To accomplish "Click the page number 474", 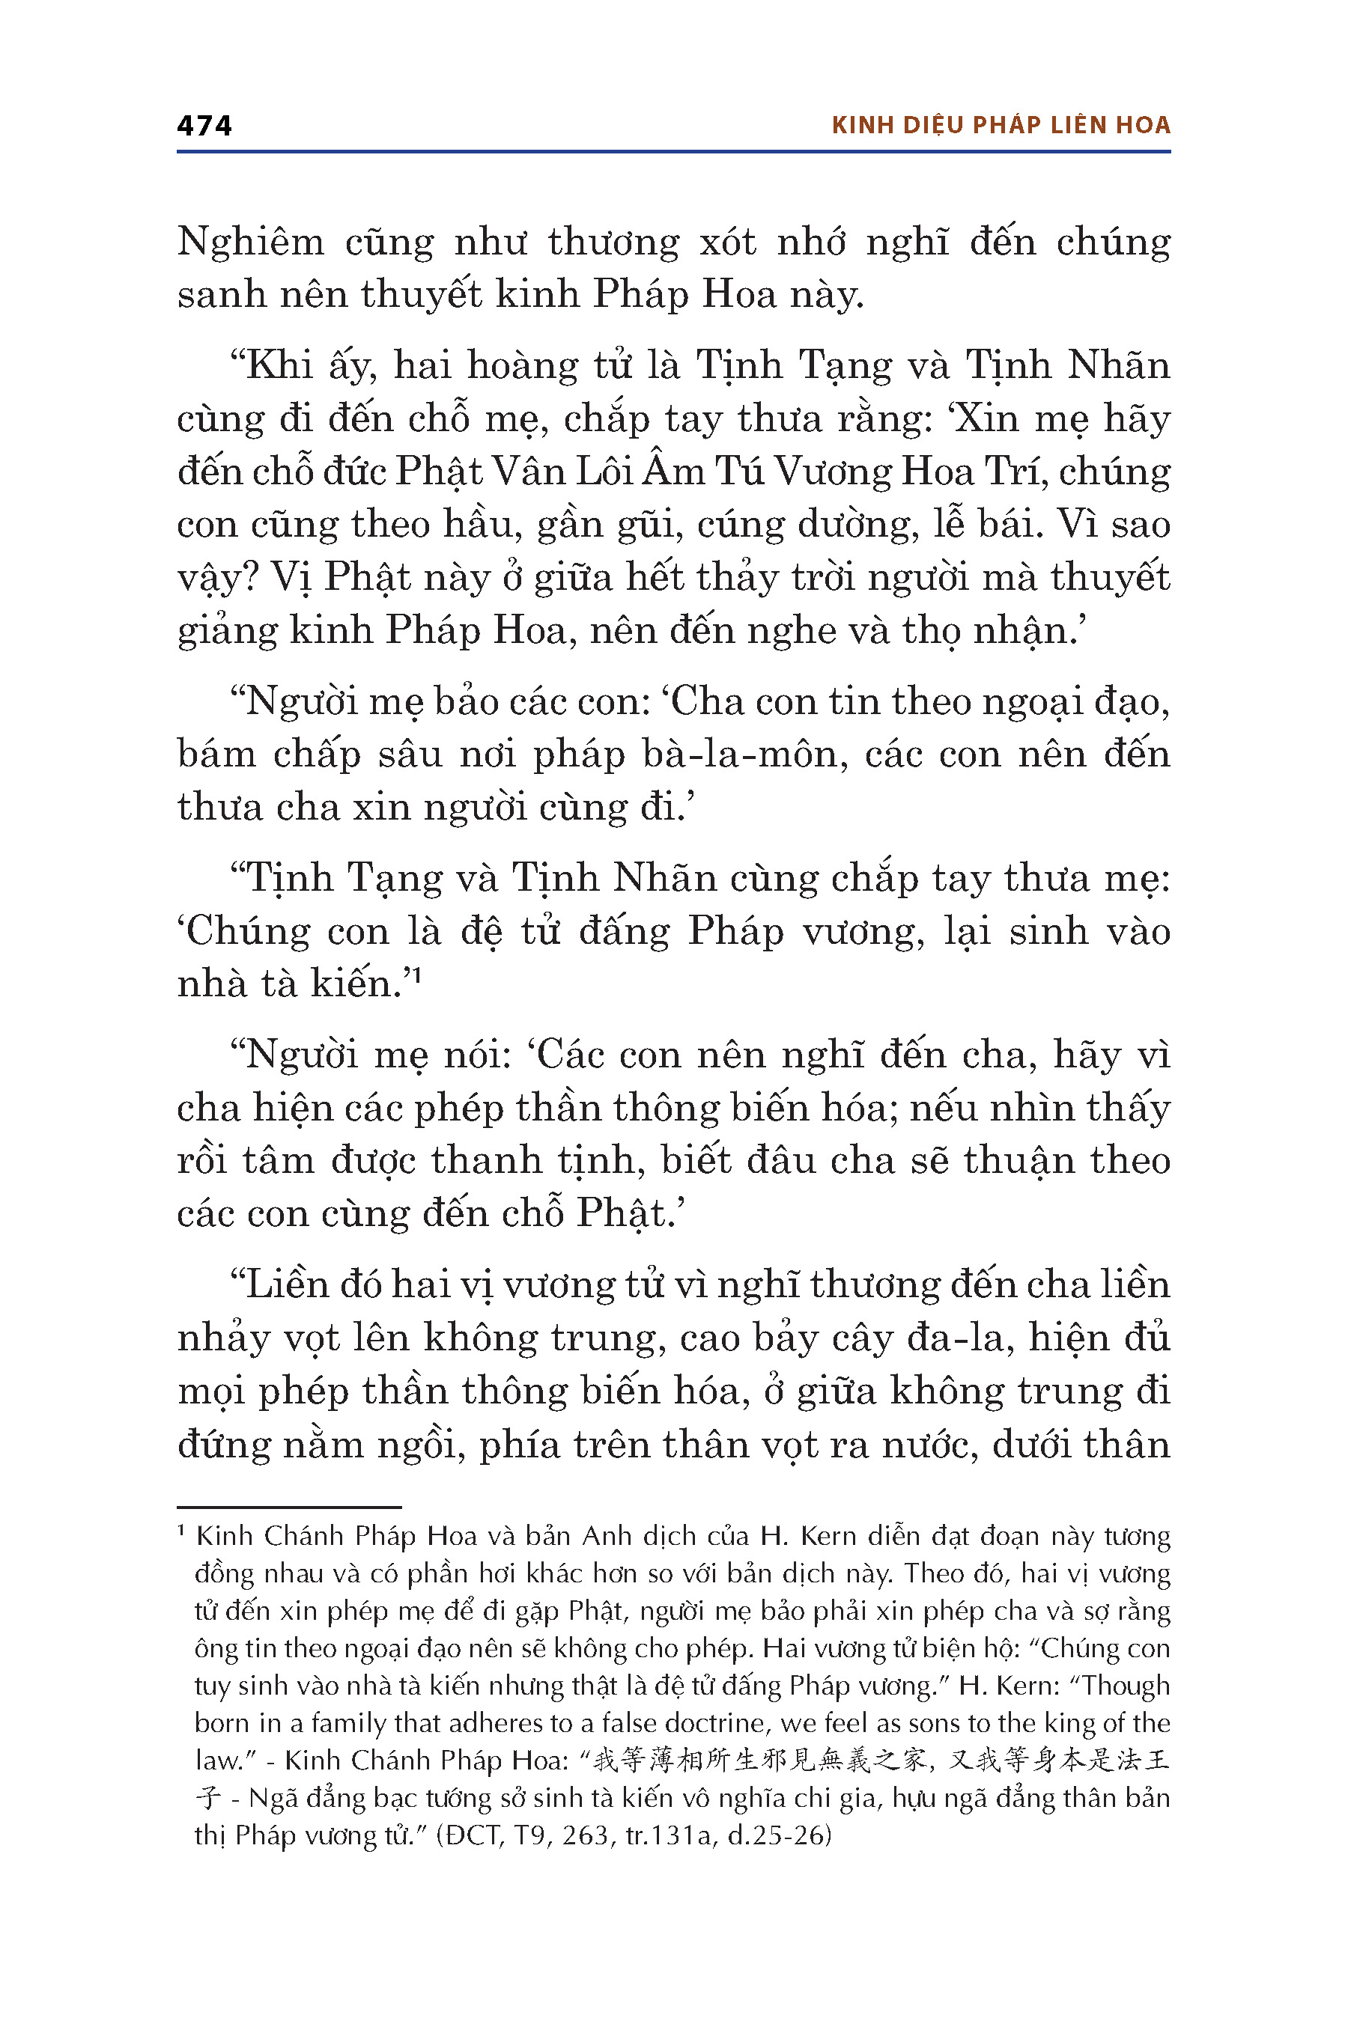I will click(204, 126).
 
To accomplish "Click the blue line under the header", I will click(673, 152).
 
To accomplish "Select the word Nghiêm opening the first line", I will click(250, 243).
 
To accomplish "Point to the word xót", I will click(727, 243).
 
